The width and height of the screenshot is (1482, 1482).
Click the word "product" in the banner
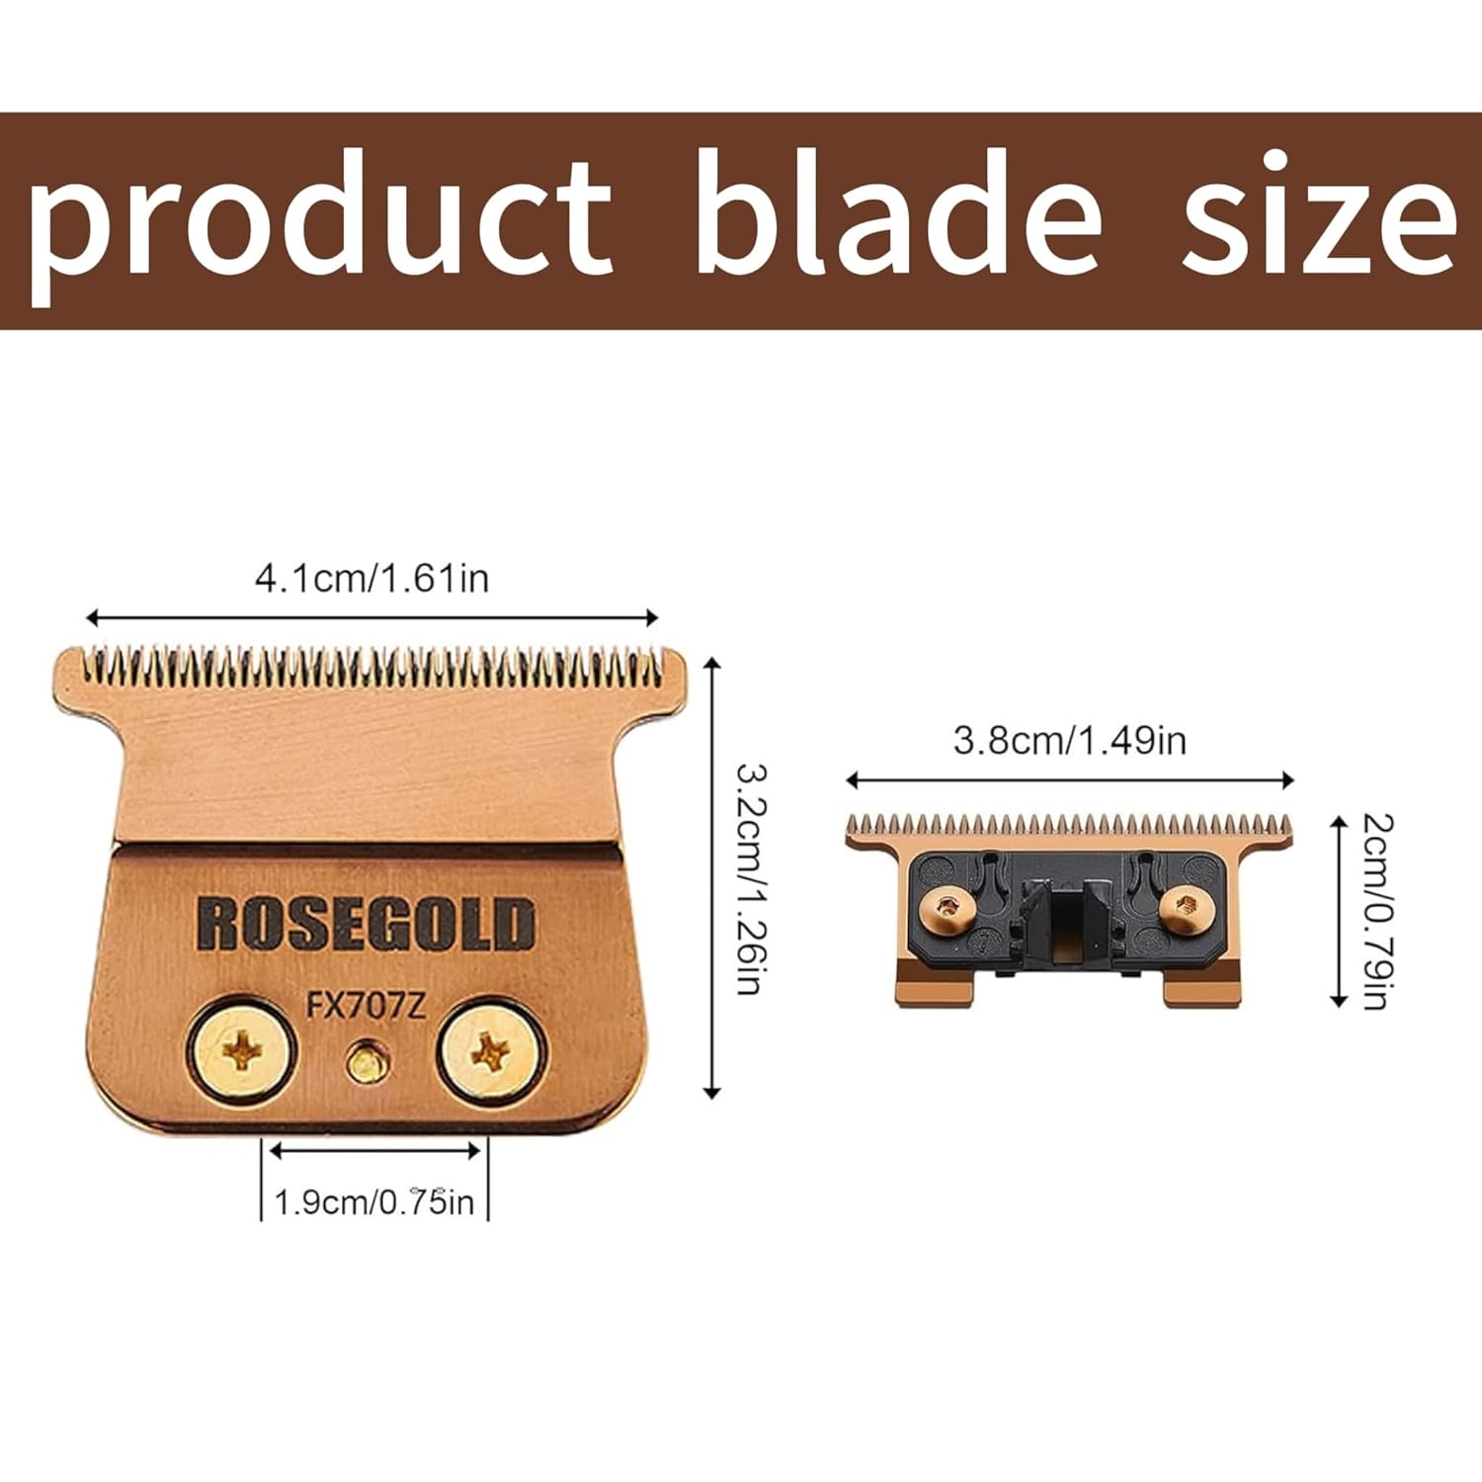tap(321, 225)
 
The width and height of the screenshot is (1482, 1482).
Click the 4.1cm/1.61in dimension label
tap(371, 578)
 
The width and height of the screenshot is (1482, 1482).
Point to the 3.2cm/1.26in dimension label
tap(751, 878)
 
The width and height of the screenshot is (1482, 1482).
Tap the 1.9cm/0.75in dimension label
tap(373, 1202)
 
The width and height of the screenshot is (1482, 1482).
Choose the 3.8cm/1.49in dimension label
tap(1069, 740)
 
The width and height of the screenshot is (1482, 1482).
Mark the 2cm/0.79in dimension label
tap(1376, 911)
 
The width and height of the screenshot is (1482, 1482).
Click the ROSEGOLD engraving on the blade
tap(366, 924)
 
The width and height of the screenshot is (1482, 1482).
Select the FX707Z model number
tap(366, 1006)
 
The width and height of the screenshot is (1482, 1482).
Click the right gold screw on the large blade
tap(491, 1053)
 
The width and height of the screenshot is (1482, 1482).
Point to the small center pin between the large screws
tap(365, 1063)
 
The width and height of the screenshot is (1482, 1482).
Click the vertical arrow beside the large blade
tap(712, 876)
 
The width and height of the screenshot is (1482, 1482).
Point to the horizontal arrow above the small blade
tap(1070, 781)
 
